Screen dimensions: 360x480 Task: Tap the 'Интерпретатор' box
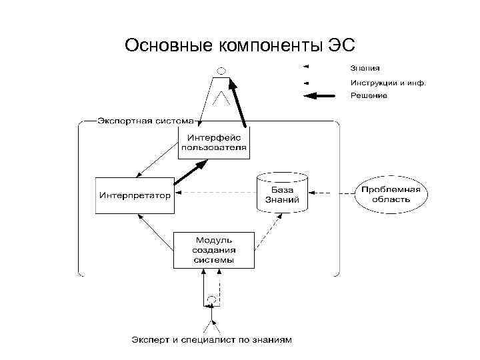pyautogui.click(x=135, y=195)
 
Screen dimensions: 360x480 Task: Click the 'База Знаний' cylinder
pyautogui.click(x=282, y=194)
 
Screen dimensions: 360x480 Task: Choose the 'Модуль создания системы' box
pyautogui.click(x=214, y=249)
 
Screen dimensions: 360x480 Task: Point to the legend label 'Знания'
pyautogui.click(x=365, y=67)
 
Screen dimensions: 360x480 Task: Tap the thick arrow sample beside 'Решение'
pyautogui.click(x=319, y=96)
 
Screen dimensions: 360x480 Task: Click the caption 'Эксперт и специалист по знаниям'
pyautogui.click(x=211, y=340)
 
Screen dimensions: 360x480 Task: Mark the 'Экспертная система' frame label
pyautogui.click(x=145, y=121)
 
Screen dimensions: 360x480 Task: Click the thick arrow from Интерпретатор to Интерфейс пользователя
pyautogui.click(x=191, y=172)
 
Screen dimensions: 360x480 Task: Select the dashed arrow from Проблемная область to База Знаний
pyautogui.click(x=331, y=195)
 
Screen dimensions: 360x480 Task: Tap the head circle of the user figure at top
pyautogui.click(x=222, y=70)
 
